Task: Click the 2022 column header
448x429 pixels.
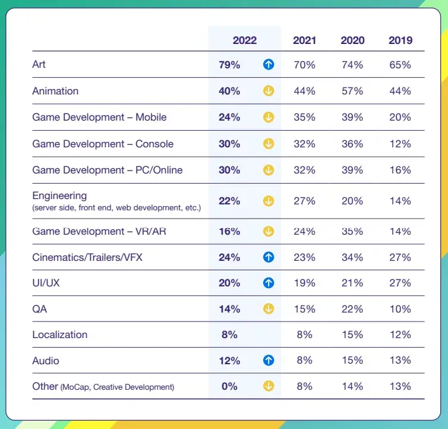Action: click(245, 40)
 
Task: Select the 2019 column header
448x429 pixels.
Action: click(400, 40)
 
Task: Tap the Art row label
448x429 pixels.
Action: click(39, 64)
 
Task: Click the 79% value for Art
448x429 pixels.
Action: click(229, 65)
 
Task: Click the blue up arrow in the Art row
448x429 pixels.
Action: click(269, 65)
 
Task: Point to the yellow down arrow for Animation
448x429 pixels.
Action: click(269, 92)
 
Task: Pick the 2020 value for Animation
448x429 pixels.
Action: click(352, 91)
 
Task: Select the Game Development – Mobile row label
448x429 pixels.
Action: click(99, 117)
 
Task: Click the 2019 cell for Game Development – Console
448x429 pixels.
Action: click(400, 144)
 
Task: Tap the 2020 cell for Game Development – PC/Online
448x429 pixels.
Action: click(352, 170)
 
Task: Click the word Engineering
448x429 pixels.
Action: click(59, 195)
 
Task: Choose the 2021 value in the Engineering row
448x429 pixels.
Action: click(304, 201)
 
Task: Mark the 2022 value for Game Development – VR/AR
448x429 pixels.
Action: click(229, 231)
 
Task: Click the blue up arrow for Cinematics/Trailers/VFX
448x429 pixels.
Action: click(269, 258)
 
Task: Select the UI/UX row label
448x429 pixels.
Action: click(46, 283)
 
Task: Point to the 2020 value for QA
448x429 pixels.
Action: click(352, 309)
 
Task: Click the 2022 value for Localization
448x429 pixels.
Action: click(229, 335)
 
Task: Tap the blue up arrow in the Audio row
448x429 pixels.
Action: click(269, 361)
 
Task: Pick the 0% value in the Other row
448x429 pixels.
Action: click(229, 386)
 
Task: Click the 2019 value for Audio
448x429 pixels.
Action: click(400, 360)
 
